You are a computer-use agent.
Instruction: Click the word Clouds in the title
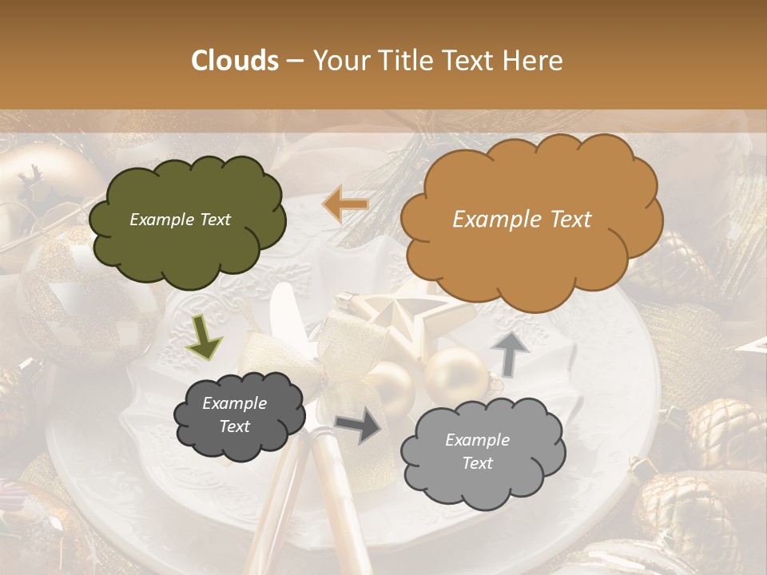tap(235, 61)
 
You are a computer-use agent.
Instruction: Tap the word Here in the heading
tap(535, 61)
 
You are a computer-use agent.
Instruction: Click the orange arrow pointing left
tap(345, 204)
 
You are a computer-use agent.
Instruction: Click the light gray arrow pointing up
tap(509, 352)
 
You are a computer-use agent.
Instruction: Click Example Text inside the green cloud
tap(180, 220)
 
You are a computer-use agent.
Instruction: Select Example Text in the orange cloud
tap(522, 220)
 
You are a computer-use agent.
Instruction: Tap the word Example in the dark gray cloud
tap(234, 403)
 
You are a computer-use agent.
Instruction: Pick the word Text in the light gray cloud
tap(477, 463)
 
